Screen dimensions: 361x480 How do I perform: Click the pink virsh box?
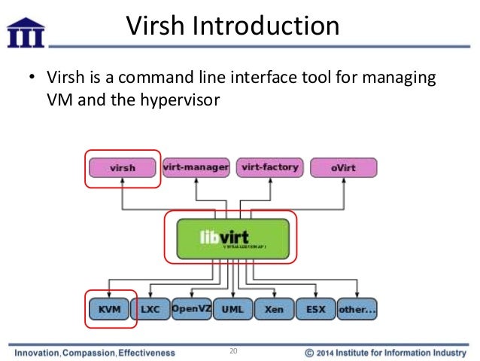tap(123, 167)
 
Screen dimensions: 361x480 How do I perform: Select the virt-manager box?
tap(196, 167)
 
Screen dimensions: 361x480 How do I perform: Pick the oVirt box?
tap(343, 167)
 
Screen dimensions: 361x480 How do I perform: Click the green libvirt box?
tap(232, 239)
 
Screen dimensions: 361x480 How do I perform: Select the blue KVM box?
tap(110, 309)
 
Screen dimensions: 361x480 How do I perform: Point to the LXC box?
tap(150, 309)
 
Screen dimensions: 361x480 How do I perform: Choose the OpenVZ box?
tap(191, 309)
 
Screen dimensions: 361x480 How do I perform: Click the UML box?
tap(232, 309)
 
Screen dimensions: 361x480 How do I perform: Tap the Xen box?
tap(273, 309)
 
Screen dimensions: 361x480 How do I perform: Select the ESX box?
tap(314, 309)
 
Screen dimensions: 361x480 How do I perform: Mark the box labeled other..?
tap(357, 309)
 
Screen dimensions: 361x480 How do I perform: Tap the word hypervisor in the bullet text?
tap(181, 98)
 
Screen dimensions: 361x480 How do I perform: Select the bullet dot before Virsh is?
tap(32, 78)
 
